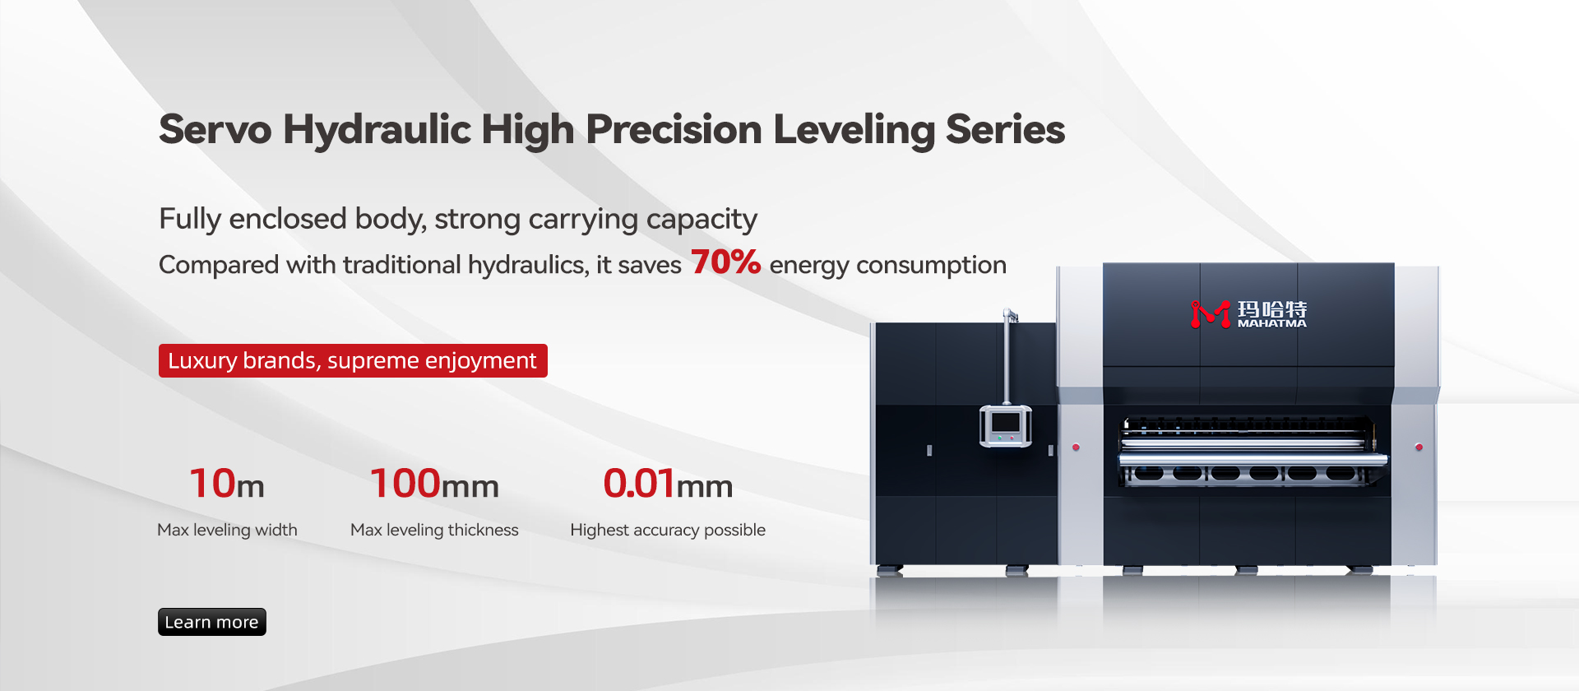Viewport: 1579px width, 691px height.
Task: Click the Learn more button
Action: coord(212,622)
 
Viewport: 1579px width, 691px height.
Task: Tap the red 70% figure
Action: coord(725,262)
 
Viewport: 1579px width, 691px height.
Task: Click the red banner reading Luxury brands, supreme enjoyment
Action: coord(353,360)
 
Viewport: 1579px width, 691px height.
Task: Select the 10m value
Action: coord(227,483)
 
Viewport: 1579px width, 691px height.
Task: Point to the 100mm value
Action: coord(434,483)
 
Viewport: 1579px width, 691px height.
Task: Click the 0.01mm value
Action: coord(668,483)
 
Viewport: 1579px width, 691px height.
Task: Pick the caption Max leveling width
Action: coord(227,530)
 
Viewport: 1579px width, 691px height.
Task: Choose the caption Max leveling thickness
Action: coord(434,530)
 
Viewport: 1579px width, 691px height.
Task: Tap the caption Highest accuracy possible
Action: coord(668,530)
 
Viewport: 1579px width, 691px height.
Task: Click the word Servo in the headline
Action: coord(215,129)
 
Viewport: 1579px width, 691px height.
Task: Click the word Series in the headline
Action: coord(1005,129)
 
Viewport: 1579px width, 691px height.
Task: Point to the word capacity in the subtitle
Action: coord(702,220)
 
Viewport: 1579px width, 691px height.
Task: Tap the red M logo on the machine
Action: coord(1211,313)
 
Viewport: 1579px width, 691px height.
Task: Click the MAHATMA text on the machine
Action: coord(1272,323)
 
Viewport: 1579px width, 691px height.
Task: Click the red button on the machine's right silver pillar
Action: coord(1419,447)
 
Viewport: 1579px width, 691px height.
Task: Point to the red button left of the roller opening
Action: coord(1076,448)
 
